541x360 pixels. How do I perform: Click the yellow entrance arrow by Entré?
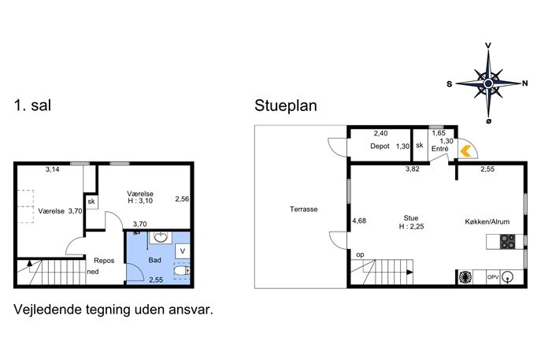tap(465, 150)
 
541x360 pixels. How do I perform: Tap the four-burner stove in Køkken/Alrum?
tap(508, 241)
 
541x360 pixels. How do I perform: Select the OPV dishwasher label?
tap(493, 276)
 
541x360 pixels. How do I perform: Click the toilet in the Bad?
tap(182, 271)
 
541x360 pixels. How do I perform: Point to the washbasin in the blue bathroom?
tap(161, 237)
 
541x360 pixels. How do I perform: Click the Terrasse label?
tap(304, 210)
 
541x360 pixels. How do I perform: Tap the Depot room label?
tap(380, 146)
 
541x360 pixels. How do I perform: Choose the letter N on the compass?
tap(524, 84)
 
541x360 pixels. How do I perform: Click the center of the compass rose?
tap(488, 84)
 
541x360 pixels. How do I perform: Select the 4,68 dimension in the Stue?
tap(359, 221)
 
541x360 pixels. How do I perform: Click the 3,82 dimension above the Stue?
tap(413, 169)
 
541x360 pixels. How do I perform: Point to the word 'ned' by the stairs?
tap(93, 272)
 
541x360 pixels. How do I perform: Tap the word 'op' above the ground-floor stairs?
tap(360, 254)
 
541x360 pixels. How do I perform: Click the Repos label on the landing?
tap(104, 261)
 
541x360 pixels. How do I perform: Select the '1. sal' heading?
tap(32, 105)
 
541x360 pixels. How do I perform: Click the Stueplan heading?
tap(286, 106)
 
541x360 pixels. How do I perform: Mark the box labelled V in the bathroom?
tap(182, 251)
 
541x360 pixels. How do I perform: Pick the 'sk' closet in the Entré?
tap(420, 145)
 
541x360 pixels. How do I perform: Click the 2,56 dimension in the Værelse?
tap(182, 199)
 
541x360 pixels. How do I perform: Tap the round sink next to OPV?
tap(508, 276)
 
